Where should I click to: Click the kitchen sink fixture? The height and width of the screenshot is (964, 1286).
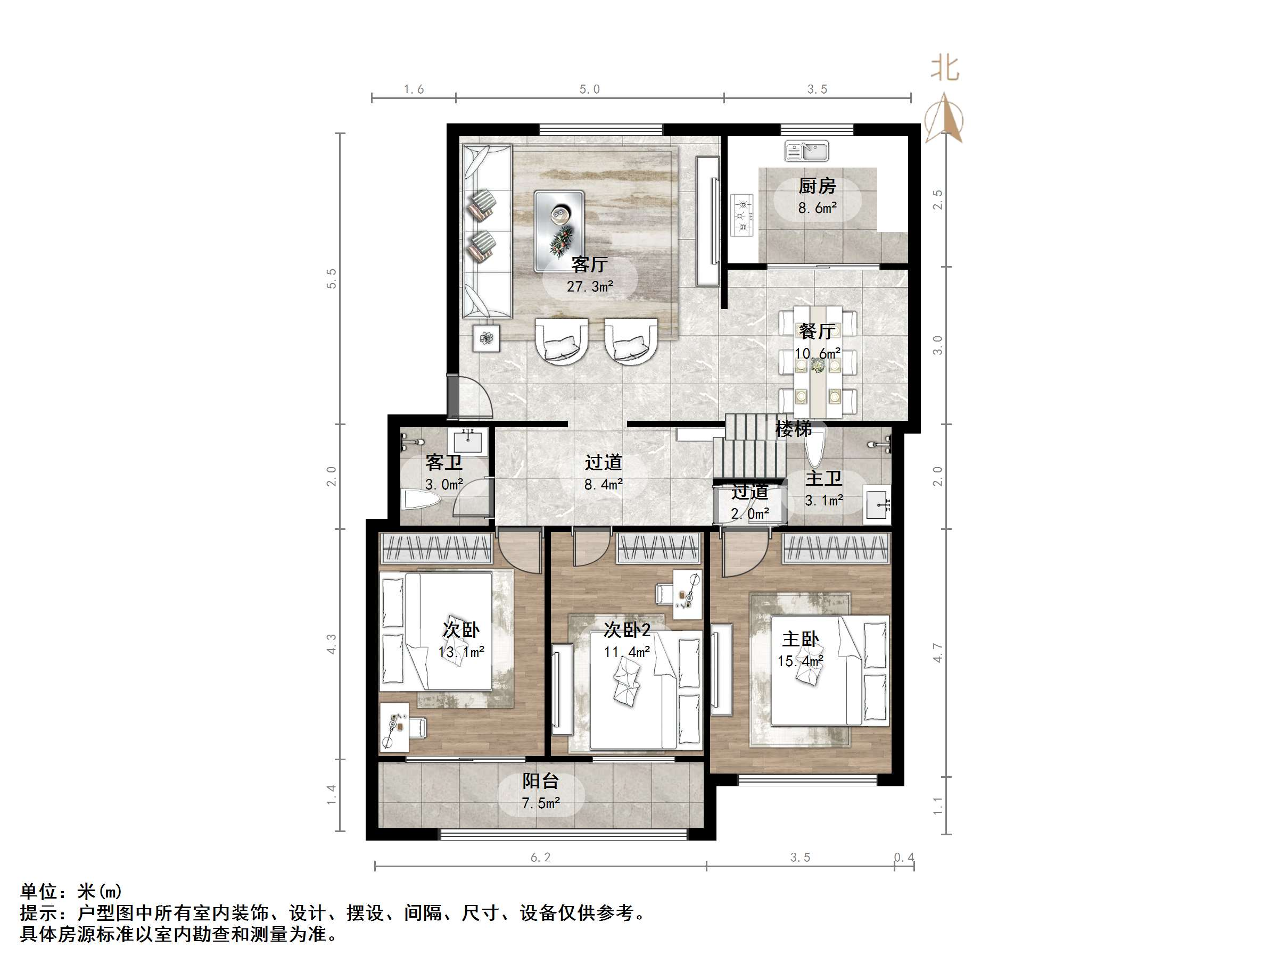(x=806, y=151)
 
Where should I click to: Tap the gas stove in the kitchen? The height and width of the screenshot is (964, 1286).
(x=742, y=214)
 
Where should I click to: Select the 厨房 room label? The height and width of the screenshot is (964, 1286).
(x=817, y=186)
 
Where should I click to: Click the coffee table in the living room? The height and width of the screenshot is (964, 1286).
(x=559, y=231)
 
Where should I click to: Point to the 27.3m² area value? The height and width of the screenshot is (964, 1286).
(x=590, y=286)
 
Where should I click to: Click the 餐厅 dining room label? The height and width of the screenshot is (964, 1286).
(x=817, y=331)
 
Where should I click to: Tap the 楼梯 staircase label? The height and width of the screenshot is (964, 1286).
(x=793, y=429)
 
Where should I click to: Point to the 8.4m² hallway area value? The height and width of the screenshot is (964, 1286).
(x=604, y=484)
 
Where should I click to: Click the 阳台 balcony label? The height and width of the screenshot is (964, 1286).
(x=540, y=780)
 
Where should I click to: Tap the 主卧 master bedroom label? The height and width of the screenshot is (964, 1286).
(x=800, y=639)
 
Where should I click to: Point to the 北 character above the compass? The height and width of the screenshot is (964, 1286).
(x=945, y=69)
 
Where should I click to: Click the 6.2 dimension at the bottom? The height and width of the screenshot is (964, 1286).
(x=540, y=857)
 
